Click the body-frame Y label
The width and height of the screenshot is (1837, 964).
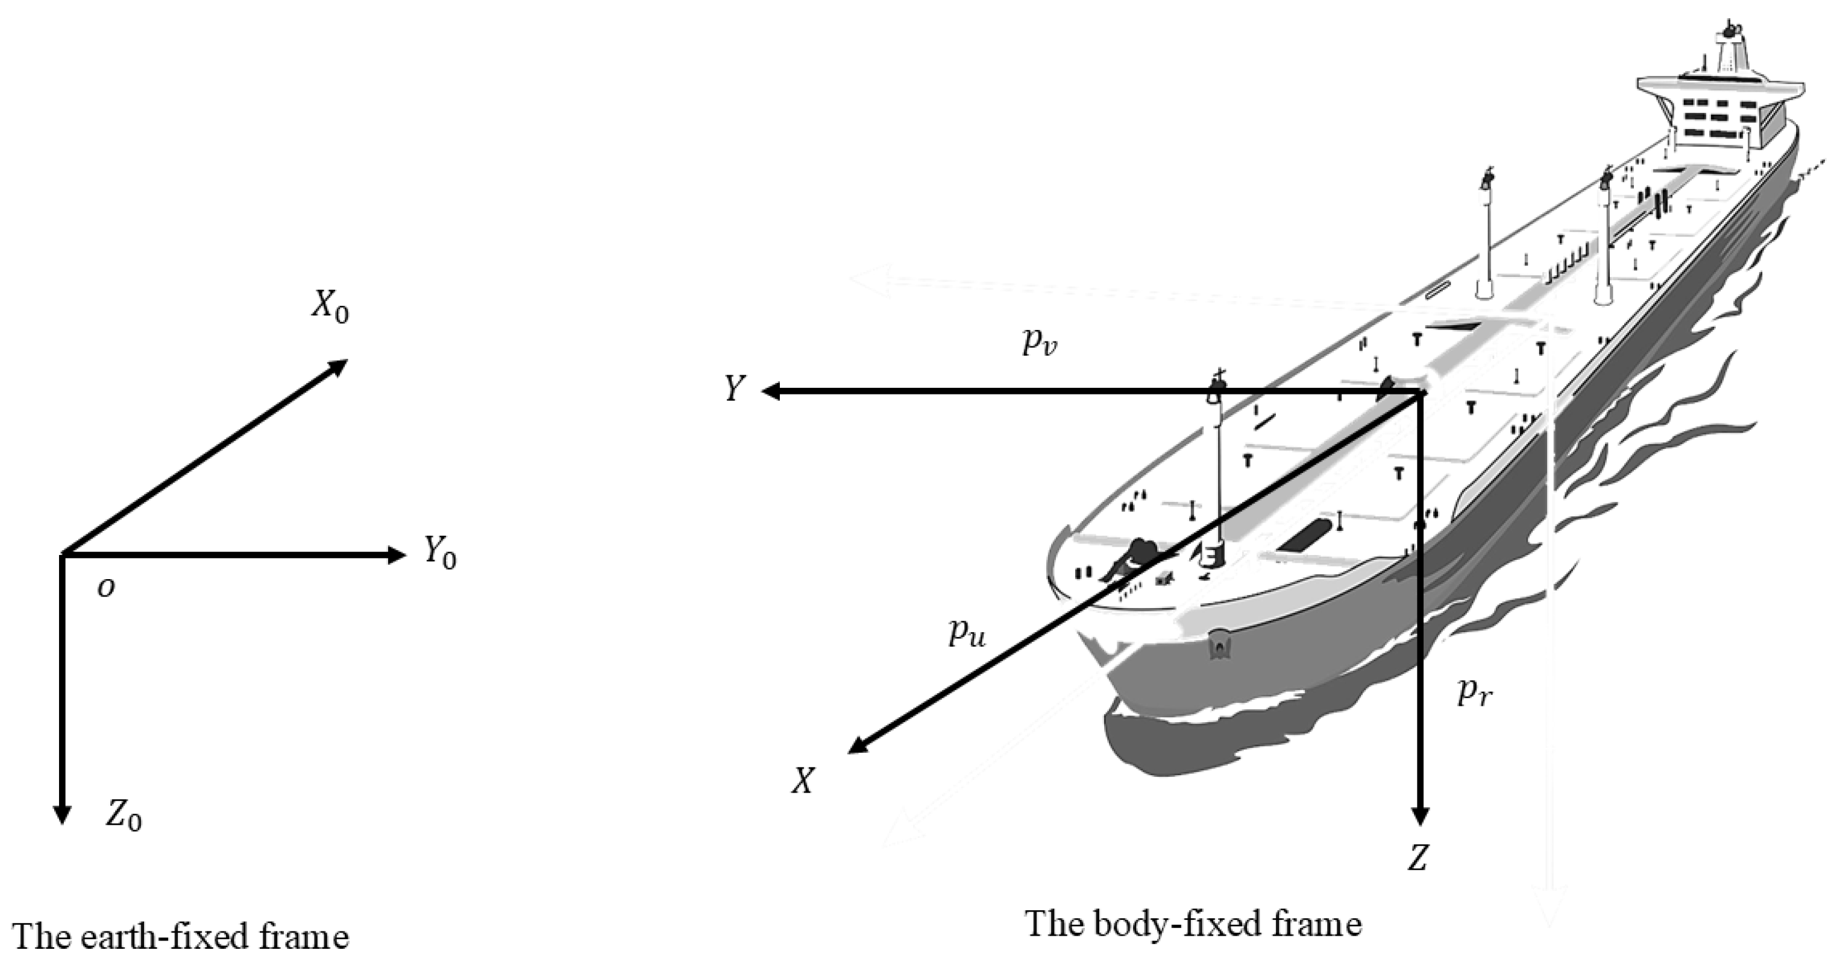[735, 390]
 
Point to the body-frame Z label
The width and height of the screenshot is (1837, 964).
[1417, 857]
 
